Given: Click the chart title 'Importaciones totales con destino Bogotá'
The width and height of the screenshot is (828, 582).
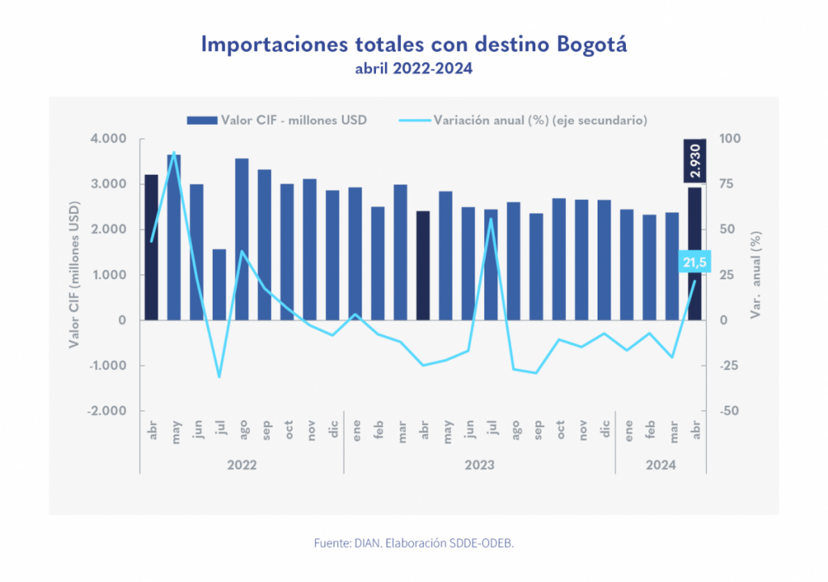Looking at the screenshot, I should point(413,44).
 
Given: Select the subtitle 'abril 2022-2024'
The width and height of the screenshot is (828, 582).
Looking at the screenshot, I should point(413,70).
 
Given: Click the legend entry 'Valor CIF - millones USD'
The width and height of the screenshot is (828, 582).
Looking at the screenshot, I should point(277,121).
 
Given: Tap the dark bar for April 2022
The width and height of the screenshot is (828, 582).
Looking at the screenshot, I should point(151,247).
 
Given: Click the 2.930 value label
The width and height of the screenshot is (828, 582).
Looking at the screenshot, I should point(695,160).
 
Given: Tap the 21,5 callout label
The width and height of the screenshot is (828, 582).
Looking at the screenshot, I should point(694,262).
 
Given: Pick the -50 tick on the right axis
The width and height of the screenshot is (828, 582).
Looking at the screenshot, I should point(730,411).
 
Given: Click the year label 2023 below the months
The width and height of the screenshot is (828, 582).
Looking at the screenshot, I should point(479,465).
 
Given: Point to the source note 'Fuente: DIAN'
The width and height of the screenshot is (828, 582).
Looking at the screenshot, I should point(413,543).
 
